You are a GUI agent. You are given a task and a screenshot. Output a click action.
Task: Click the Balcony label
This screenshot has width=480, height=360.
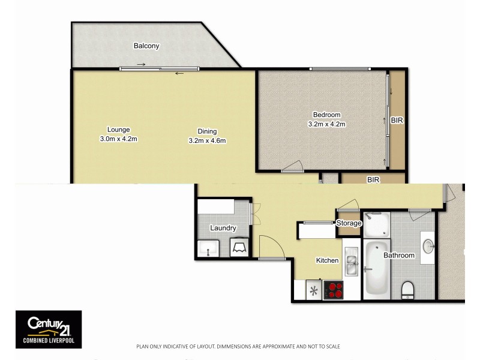pos(147,46)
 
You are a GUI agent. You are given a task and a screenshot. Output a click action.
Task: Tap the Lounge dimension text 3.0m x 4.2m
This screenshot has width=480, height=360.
pos(118,139)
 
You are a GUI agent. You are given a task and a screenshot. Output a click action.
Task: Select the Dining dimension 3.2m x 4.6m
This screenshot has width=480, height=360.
pos(207,140)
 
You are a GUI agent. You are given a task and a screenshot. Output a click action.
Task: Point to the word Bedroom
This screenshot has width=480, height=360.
pos(326,115)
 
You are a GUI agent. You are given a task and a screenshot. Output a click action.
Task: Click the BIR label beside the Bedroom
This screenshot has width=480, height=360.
pos(397,121)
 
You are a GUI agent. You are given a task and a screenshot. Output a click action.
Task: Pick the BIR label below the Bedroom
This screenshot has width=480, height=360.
pos(373,179)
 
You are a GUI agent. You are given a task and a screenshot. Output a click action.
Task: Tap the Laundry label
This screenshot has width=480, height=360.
pos(223,228)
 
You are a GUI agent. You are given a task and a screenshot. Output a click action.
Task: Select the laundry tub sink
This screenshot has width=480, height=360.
pos(208,247)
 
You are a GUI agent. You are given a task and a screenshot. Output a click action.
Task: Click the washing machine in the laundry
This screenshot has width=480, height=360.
pos(239,247)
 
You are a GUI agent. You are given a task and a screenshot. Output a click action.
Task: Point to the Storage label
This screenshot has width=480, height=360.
pos(349,223)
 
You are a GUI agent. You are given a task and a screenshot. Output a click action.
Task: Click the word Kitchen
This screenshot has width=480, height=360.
pos(328,260)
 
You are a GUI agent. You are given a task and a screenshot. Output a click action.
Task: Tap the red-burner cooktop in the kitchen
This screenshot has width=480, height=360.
pos(334,290)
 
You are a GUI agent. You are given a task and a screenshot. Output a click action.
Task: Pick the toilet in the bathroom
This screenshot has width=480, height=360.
pos(407,290)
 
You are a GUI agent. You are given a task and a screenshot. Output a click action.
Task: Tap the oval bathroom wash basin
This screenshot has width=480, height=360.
pos(428,246)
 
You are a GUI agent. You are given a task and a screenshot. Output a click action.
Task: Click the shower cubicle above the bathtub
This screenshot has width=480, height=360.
pos(376,224)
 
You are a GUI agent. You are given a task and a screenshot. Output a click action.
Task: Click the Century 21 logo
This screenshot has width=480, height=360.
pos(48,329)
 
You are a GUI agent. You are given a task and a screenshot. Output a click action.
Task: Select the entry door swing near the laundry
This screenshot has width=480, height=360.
pos(269,246)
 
